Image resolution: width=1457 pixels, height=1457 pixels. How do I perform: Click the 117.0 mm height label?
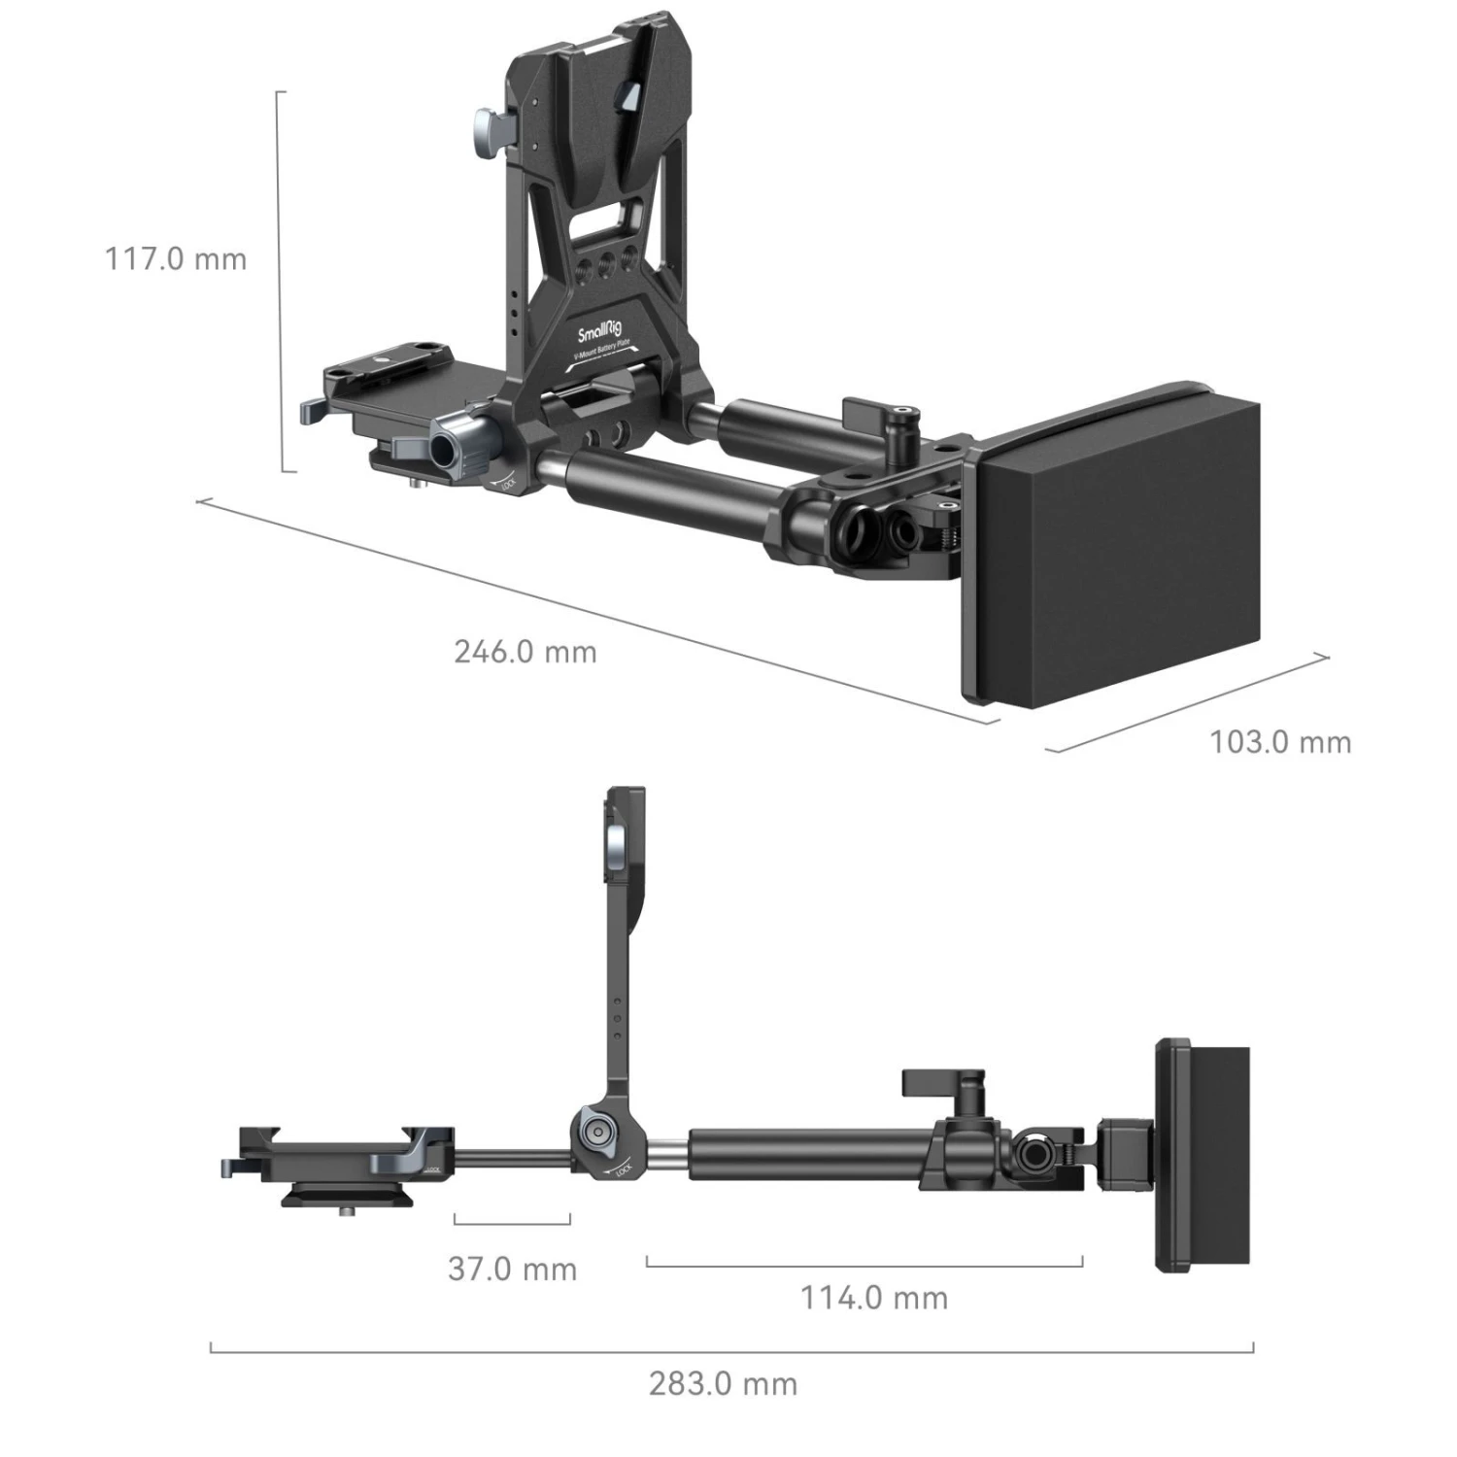pos(176,259)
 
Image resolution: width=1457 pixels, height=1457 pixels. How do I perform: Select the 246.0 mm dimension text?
pos(525,651)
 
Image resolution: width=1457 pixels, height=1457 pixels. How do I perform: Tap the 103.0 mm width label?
pos(1279,742)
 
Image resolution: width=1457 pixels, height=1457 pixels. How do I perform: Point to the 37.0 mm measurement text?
pos(512,1269)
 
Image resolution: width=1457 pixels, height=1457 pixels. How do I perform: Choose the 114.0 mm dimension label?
pos(873,1297)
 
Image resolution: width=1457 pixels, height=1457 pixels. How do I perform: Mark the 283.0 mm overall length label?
pos(723,1383)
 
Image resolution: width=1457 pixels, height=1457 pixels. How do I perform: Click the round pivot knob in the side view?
pos(595,1133)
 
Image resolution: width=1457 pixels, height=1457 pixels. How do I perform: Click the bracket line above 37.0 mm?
pos(511,1223)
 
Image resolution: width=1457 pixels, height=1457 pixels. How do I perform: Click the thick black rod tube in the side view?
pos(806,1154)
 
